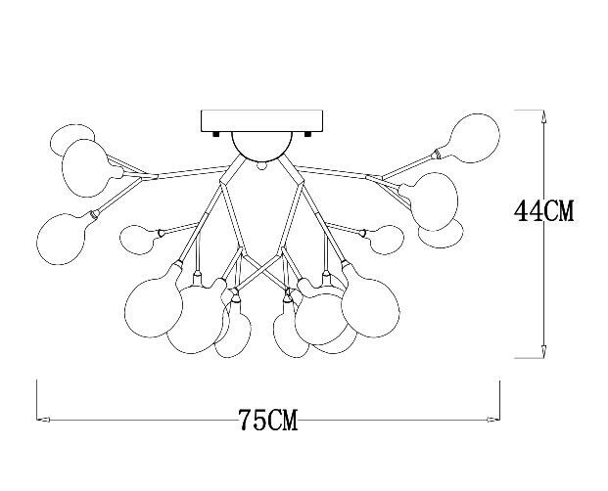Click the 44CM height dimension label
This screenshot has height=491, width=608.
(x=543, y=211)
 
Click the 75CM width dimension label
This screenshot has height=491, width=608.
(x=268, y=421)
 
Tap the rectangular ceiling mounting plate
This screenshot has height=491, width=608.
(x=261, y=121)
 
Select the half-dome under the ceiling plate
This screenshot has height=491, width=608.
(x=261, y=147)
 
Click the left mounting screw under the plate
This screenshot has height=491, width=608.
(x=215, y=134)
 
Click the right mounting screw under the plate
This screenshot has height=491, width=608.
(x=308, y=134)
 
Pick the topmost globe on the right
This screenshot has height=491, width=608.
(x=475, y=138)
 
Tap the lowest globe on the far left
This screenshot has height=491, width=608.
(x=61, y=239)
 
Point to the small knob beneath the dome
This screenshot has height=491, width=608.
(x=261, y=165)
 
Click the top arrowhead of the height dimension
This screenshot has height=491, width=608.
(x=543, y=116)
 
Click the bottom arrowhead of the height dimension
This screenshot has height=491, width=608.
(x=543, y=351)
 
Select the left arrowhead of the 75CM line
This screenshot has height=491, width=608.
(x=43, y=420)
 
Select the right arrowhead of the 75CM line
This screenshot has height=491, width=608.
(x=493, y=420)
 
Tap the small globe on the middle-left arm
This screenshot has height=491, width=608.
(x=138, y=240)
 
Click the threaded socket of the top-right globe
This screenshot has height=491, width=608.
(x=438, y=155)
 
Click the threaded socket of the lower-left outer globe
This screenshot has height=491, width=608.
(x=93, y=214)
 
